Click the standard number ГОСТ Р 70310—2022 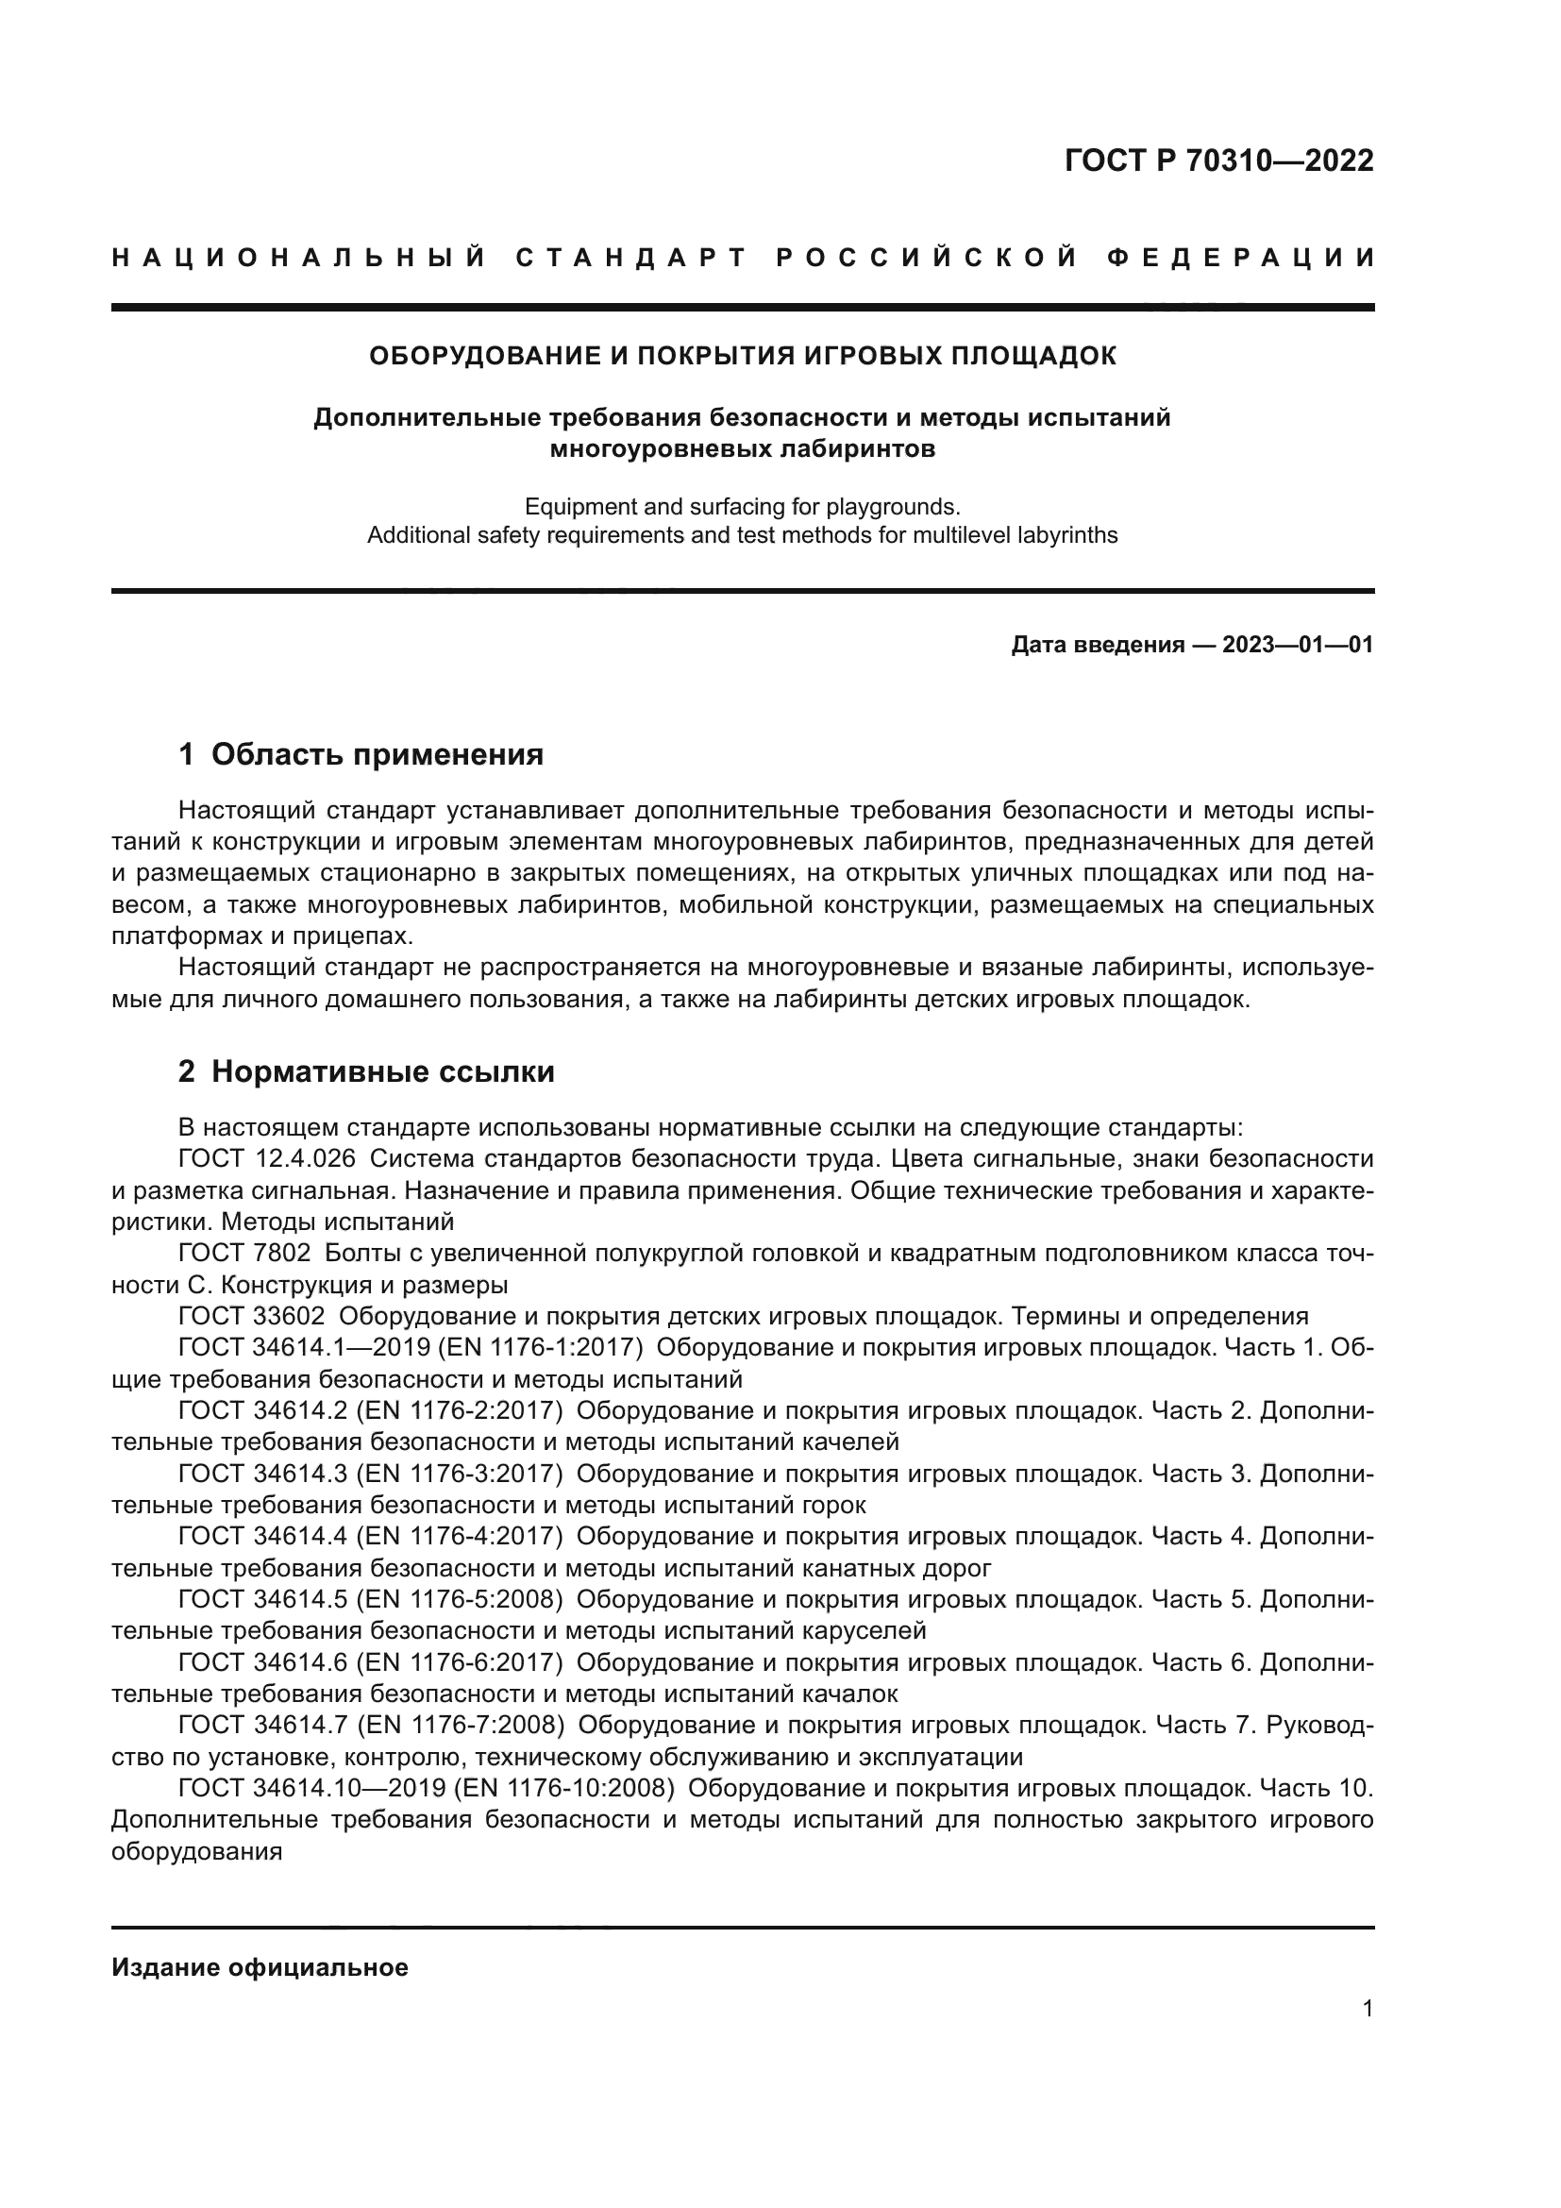point(1217,160)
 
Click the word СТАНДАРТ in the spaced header point(630,258)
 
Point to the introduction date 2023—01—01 point(1298,646)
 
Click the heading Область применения point(377,755)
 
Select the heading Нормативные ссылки point(382,1071)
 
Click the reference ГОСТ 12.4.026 point(266,1159)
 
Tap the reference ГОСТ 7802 point(244,1253)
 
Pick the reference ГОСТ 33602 point(251,1317)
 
